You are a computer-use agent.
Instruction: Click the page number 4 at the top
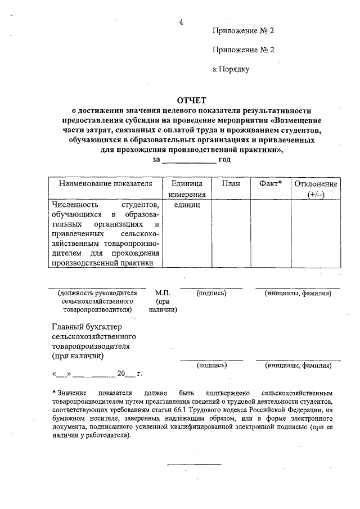click(x=181, y=22)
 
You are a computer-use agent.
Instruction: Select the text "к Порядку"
click(x=231, y=69)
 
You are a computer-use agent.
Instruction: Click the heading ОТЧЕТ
click(x=192, y=100)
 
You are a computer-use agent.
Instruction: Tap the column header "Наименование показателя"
click(x=102, y=183)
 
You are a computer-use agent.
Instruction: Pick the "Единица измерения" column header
click(x=183, y=188)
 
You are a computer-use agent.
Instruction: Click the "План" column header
click(x=231, y=183)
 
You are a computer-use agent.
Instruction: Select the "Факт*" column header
click(x=271, y=183)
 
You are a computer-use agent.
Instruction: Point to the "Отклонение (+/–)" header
click(x=316, y=188)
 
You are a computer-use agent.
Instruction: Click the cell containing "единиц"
click(x=183, y=205)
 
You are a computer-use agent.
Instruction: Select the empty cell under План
click(x=231, y=233)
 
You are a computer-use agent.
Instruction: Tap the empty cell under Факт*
click(x=271, y=233)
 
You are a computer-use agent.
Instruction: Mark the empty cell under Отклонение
click(x=316, y=233)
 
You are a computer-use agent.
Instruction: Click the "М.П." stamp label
click(x=163, y=294)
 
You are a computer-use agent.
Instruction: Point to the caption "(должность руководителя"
click(x=97, y=294)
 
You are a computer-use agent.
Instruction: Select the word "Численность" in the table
click(x=74, y=205)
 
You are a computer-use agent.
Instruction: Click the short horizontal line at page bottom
click(x=195, y=465)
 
